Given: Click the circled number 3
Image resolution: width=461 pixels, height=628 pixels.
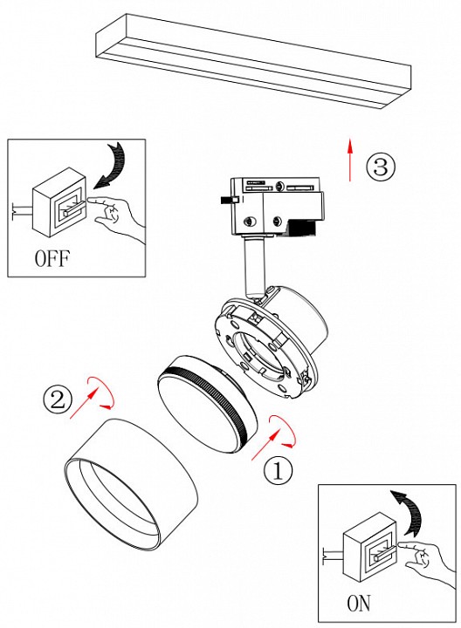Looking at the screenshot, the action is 381,167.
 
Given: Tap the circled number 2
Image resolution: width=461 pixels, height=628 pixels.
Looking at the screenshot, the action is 58,399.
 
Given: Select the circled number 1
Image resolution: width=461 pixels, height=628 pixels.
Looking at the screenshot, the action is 279,471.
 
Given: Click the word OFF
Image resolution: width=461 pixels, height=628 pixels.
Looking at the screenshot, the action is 52,258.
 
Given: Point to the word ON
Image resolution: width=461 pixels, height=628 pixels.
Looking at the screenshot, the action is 359,604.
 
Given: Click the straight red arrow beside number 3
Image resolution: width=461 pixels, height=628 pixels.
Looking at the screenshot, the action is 350,160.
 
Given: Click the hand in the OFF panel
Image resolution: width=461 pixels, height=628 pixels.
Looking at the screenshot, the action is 115,215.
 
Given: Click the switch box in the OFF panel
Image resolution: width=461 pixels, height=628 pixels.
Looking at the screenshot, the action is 59,202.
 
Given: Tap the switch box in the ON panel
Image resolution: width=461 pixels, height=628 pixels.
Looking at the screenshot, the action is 370,547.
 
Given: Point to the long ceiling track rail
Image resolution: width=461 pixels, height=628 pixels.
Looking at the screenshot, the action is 253,61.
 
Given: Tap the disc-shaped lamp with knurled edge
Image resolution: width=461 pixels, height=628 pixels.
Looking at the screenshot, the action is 207,405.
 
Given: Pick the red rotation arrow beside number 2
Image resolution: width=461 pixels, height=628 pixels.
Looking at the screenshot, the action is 101,392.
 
